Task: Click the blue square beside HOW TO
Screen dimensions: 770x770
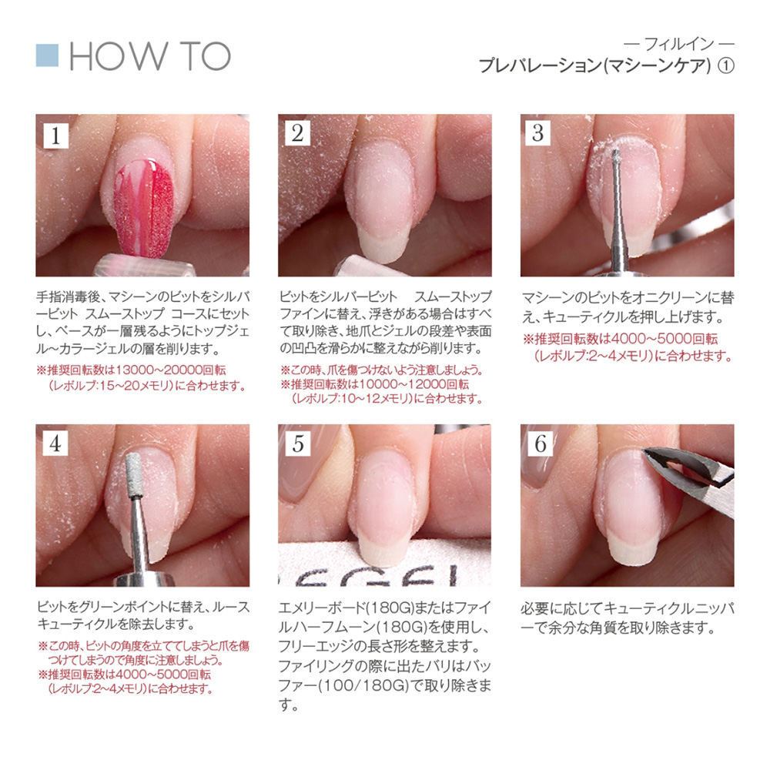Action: coord(47,55)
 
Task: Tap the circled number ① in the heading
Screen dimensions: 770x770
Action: coord(726,65)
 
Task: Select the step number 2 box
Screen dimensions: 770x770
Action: coord(297,133)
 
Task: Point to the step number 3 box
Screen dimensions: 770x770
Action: coord(537,133)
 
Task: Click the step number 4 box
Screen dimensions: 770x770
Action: coord(55,444)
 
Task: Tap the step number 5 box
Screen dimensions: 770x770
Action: coord(297,444)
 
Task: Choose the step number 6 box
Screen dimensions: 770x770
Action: coord(541,444)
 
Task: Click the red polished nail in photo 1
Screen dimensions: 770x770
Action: coord(143,209)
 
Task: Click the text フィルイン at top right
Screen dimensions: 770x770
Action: coord(678,45)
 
